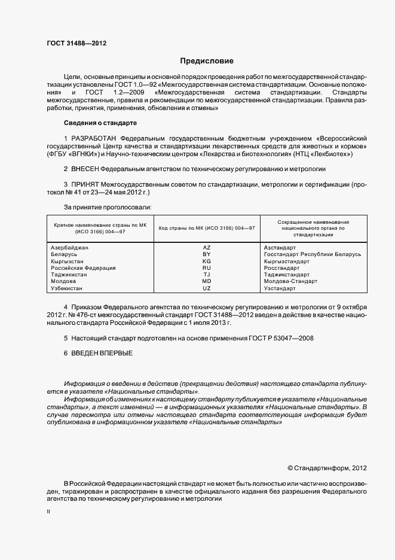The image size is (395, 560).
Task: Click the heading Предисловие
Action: pos(207,61)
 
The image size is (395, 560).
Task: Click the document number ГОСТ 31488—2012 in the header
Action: pos(76,42)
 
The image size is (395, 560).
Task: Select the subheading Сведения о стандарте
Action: pos(100,123)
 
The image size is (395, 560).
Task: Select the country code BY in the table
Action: pos(207,254)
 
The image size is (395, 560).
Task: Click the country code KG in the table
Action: pos(207,261)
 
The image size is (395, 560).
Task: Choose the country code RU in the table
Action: pos(207,268)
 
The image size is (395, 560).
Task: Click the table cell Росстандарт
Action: pos(281,268)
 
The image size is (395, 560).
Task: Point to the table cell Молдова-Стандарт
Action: pos(290,281)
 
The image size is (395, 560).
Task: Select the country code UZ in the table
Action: pos(207,288)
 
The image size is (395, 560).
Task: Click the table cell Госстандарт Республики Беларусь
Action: pos(313,254)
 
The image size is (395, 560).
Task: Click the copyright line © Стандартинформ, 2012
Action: pos(327,468)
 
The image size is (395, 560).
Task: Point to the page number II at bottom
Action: pos(48,512)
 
